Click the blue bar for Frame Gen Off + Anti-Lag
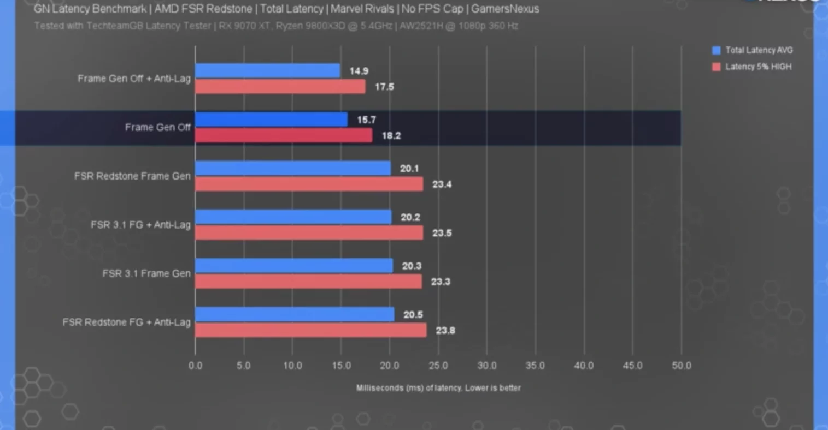(268, 71)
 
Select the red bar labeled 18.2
(284, 135)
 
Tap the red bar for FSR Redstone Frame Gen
(309, 184)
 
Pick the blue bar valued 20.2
(293, 217)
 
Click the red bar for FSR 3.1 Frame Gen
(308, 282)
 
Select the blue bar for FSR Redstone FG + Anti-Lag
(295, 314)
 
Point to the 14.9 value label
(359, 71)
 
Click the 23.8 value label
(445, 330)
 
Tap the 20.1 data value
(409, 169)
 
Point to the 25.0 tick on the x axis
(438, 366)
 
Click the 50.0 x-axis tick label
(681, 366)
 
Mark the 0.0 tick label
(196, 366)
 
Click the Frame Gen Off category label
(157, 127)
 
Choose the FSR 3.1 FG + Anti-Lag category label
(140, 225)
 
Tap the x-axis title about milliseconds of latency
(438, 388)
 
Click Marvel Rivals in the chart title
(362, 9)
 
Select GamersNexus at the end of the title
(504, 9)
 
